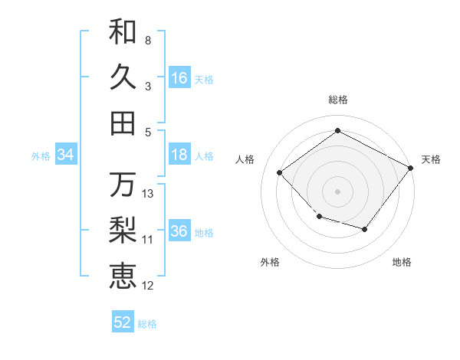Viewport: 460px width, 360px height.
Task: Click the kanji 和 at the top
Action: click(123, 31)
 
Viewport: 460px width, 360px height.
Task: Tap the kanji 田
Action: click(123, 123)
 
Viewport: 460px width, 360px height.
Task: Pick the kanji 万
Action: click(123, 185)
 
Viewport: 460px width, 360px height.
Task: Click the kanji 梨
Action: click(123, 231)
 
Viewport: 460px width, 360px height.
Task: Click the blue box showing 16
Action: click(179, 77)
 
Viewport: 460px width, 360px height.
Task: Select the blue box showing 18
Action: click(179, 155)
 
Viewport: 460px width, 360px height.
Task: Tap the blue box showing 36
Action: click(179, 231)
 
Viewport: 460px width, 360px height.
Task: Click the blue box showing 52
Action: click(123, 322)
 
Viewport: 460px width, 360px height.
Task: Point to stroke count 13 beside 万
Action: click(148, 193)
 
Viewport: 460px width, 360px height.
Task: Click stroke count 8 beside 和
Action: click(147, 40)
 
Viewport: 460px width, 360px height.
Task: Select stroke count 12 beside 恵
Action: click(148, 286)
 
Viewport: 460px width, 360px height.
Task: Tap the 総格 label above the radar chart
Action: click(337, 100)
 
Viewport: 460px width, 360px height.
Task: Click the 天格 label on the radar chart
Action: click(431, 159)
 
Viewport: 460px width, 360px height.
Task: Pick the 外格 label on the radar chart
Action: click(270, 262)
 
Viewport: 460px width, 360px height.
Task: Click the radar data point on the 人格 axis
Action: click(280, 173)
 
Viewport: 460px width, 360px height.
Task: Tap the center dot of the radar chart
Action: click(337, 191)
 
